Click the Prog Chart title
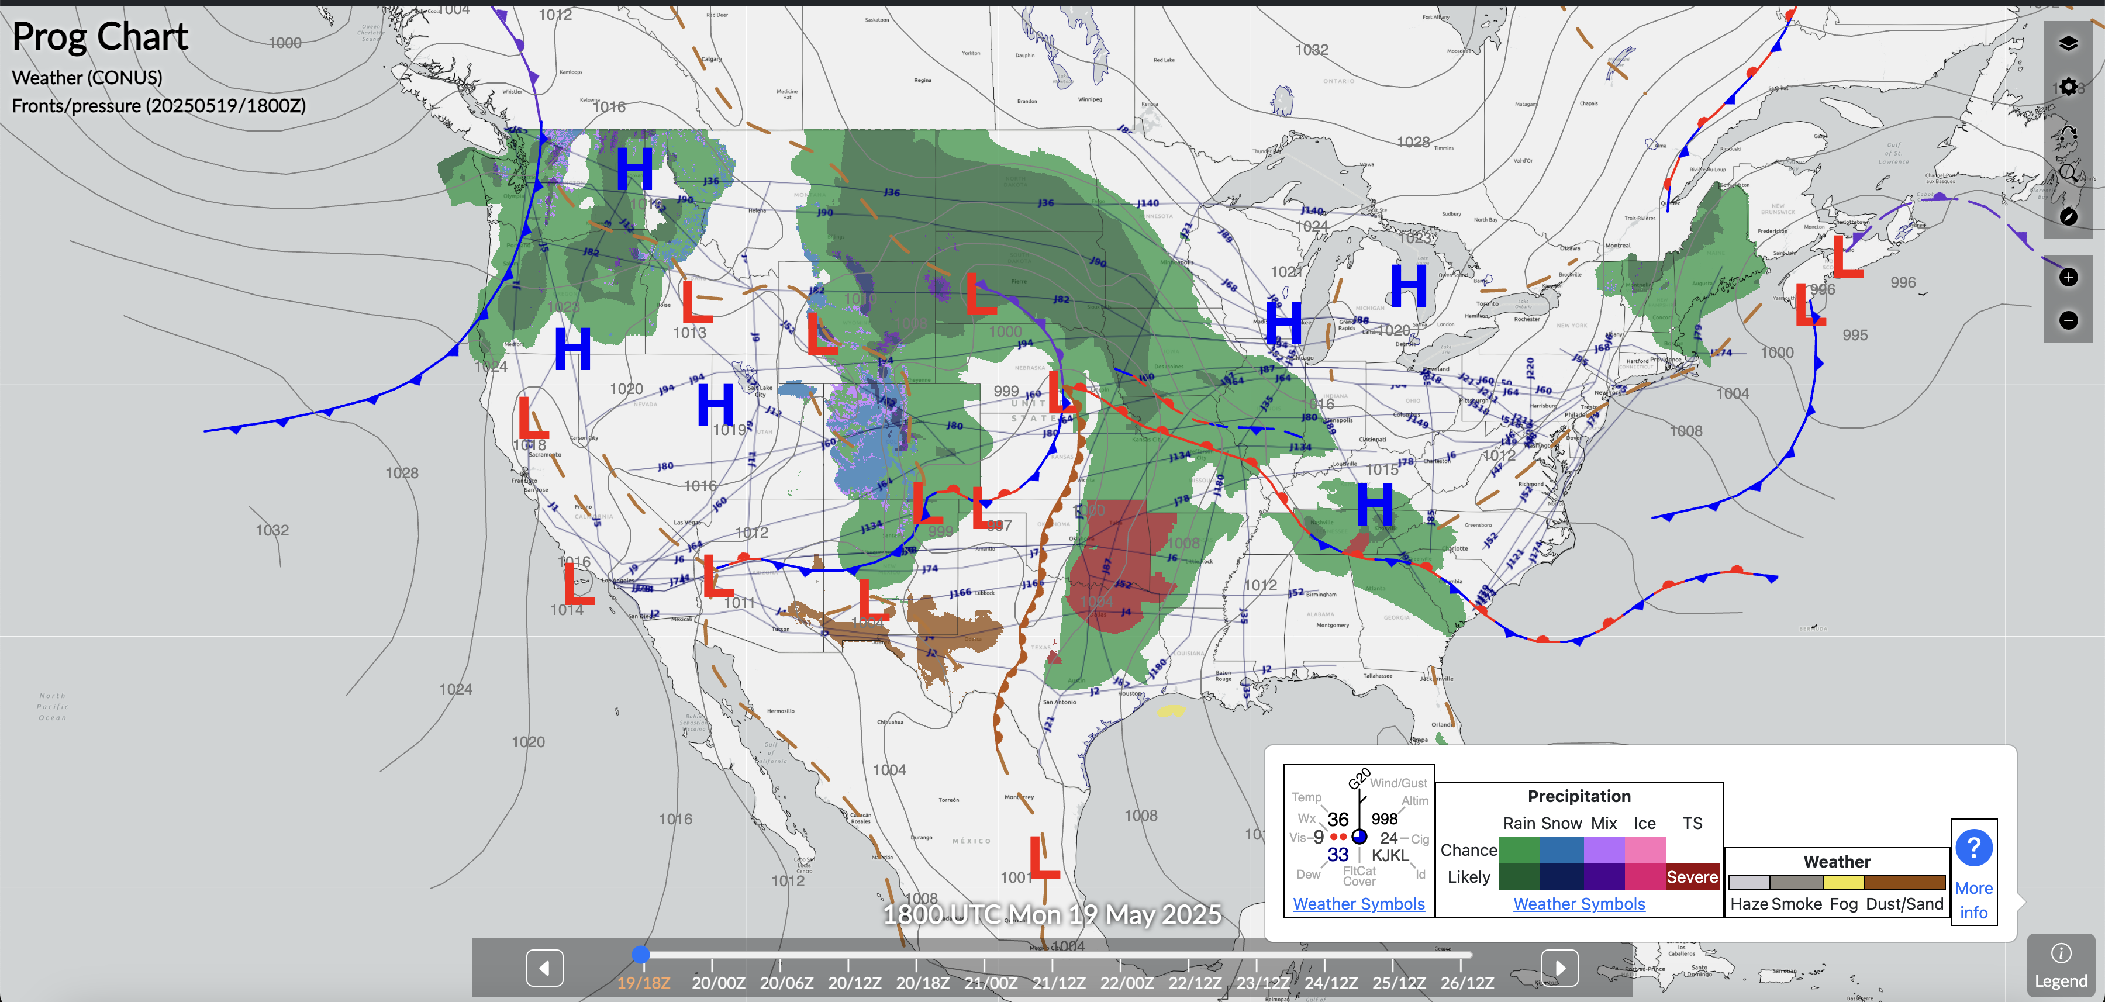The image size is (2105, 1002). coord(99,37)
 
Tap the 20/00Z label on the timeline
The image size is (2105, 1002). coord(718,982)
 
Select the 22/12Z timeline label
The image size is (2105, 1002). coord(1195,982)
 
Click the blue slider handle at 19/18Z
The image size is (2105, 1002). coord(641,954)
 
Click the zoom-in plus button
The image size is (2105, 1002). coord(2068,277)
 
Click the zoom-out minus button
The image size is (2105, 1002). coord(2068,320)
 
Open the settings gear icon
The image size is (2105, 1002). coord(2068,87)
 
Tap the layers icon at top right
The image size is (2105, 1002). coord(2068,43)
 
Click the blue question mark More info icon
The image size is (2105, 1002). coord(1973,848)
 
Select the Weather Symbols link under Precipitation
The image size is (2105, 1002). coord(1579,904)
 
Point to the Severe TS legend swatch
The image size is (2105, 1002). coord(1692,877)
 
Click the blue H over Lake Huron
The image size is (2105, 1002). coord(1408,285)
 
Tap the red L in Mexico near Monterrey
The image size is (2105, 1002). coord(1044,858)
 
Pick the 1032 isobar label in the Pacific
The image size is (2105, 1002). coord(272,530)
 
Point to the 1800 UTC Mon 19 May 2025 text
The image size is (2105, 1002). coord(1052,914)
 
